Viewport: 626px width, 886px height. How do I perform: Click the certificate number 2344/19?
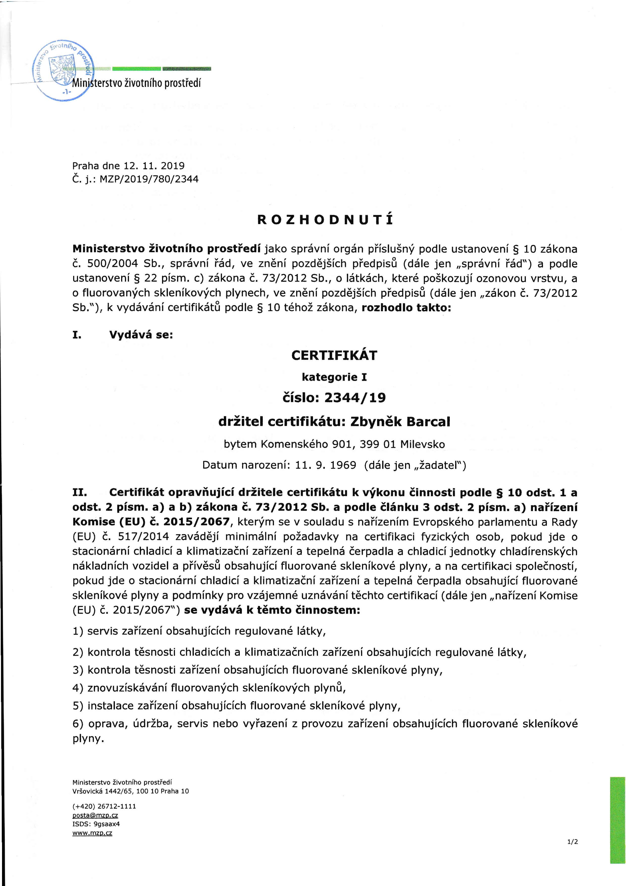(355, 397)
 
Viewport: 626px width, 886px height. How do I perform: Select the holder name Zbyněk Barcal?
(400, 421)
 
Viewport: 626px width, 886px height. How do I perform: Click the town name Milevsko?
(423, 444)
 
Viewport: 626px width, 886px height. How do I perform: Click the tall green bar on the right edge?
(617, 820)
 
